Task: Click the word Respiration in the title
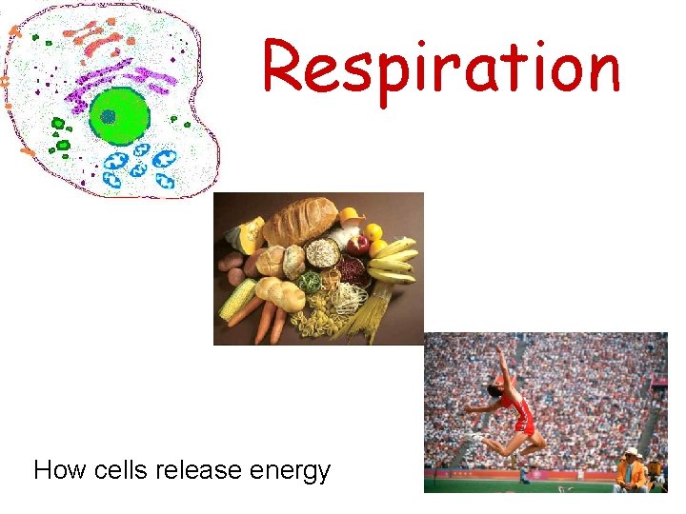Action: point(441,69)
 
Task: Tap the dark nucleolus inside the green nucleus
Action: point(108,116)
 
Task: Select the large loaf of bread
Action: point(300,221)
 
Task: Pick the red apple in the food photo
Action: point(359,246)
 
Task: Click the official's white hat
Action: point(631,452)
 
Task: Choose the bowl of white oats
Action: point(324,252)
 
